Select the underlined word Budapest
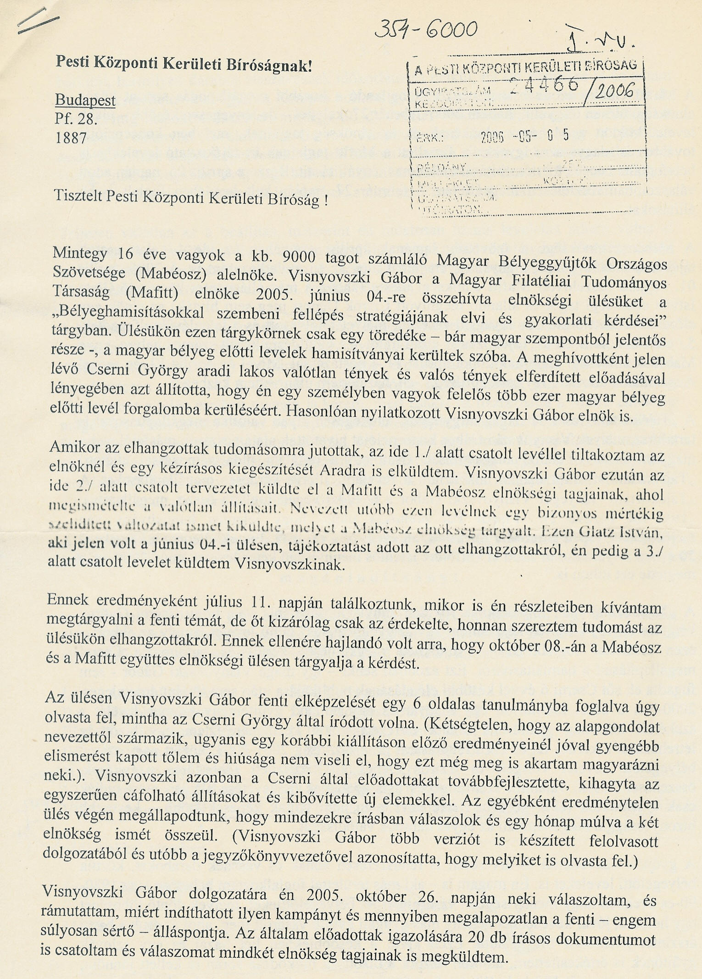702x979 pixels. point(85,101)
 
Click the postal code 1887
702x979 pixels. point(71,137)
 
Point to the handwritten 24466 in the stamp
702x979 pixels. point(543,85)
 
